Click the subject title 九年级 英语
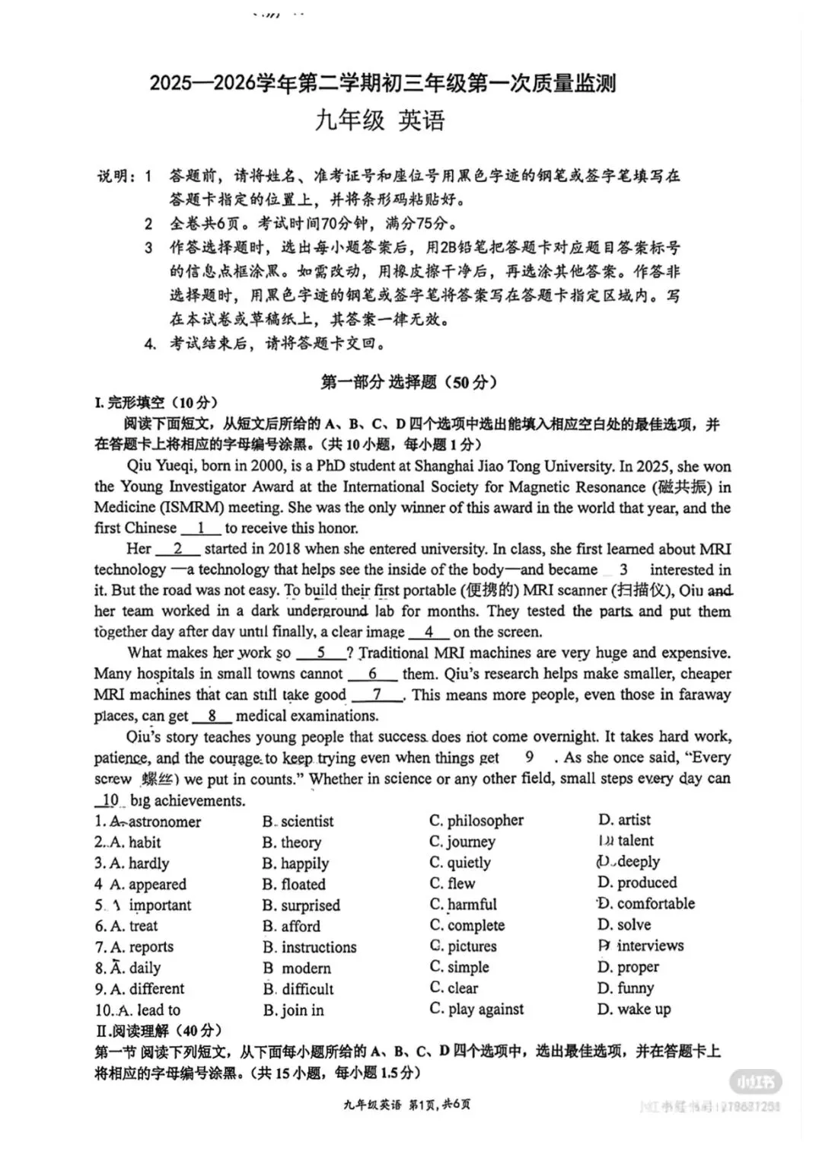(380, 121)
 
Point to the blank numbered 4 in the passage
(429, 632)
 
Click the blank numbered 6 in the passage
(372, 674)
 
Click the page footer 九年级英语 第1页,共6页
(407, 1105)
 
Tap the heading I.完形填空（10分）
(156, 403)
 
